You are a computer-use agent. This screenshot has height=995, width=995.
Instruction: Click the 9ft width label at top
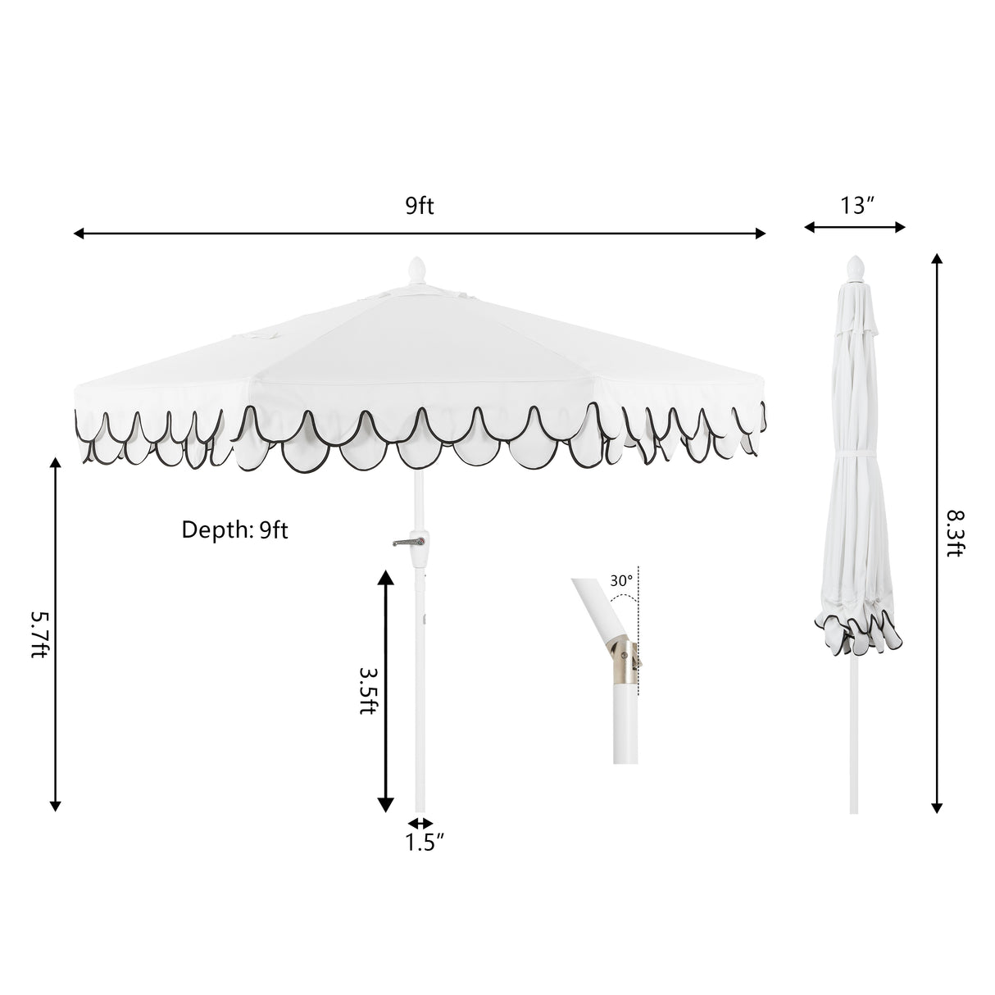pos(420,206)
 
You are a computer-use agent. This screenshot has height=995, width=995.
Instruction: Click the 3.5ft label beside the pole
pos(368,689)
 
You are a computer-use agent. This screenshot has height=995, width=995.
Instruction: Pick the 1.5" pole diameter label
pos(424,843)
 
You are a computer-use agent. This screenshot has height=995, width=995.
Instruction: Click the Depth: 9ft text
pos(234,530)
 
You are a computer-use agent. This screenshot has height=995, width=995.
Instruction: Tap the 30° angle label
pos(621,580)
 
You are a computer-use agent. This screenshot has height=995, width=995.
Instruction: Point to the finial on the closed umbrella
pos(855,267)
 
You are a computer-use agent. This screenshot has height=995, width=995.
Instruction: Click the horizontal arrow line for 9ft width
pos(420,234)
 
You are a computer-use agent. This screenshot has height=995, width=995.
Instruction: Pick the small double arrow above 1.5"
pos(420,822)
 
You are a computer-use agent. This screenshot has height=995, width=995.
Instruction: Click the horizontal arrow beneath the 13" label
pos(854,227)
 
